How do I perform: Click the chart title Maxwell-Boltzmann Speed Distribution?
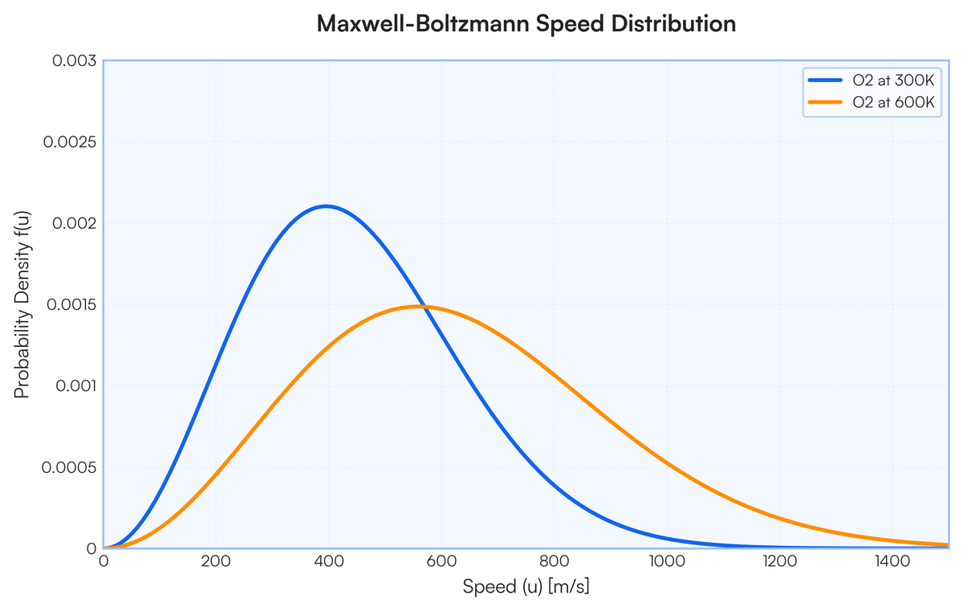(x=526, y=23)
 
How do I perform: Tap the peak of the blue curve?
(x=327, y=206)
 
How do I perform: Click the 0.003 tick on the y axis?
(x=75, y=61)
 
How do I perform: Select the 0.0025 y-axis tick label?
(x=70, y=142)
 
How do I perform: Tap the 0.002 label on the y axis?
(x=75, y=223)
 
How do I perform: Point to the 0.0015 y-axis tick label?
(x=71, y=304)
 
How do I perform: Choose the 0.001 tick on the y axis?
(x=76, y=385)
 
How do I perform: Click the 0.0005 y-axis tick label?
(x=69, y=467)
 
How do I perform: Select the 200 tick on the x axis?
(x=216, y=561)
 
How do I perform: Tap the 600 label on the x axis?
(x=441, y=561)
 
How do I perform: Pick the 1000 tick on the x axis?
(x=667, y=561)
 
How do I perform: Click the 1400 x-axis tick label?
(x=892, y=561)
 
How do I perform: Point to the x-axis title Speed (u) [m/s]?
(x=526, y=586)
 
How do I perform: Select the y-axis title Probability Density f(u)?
(x=22, y=304)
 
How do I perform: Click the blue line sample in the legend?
(x=825, y=80)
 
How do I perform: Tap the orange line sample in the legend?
(x=825, y=102)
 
